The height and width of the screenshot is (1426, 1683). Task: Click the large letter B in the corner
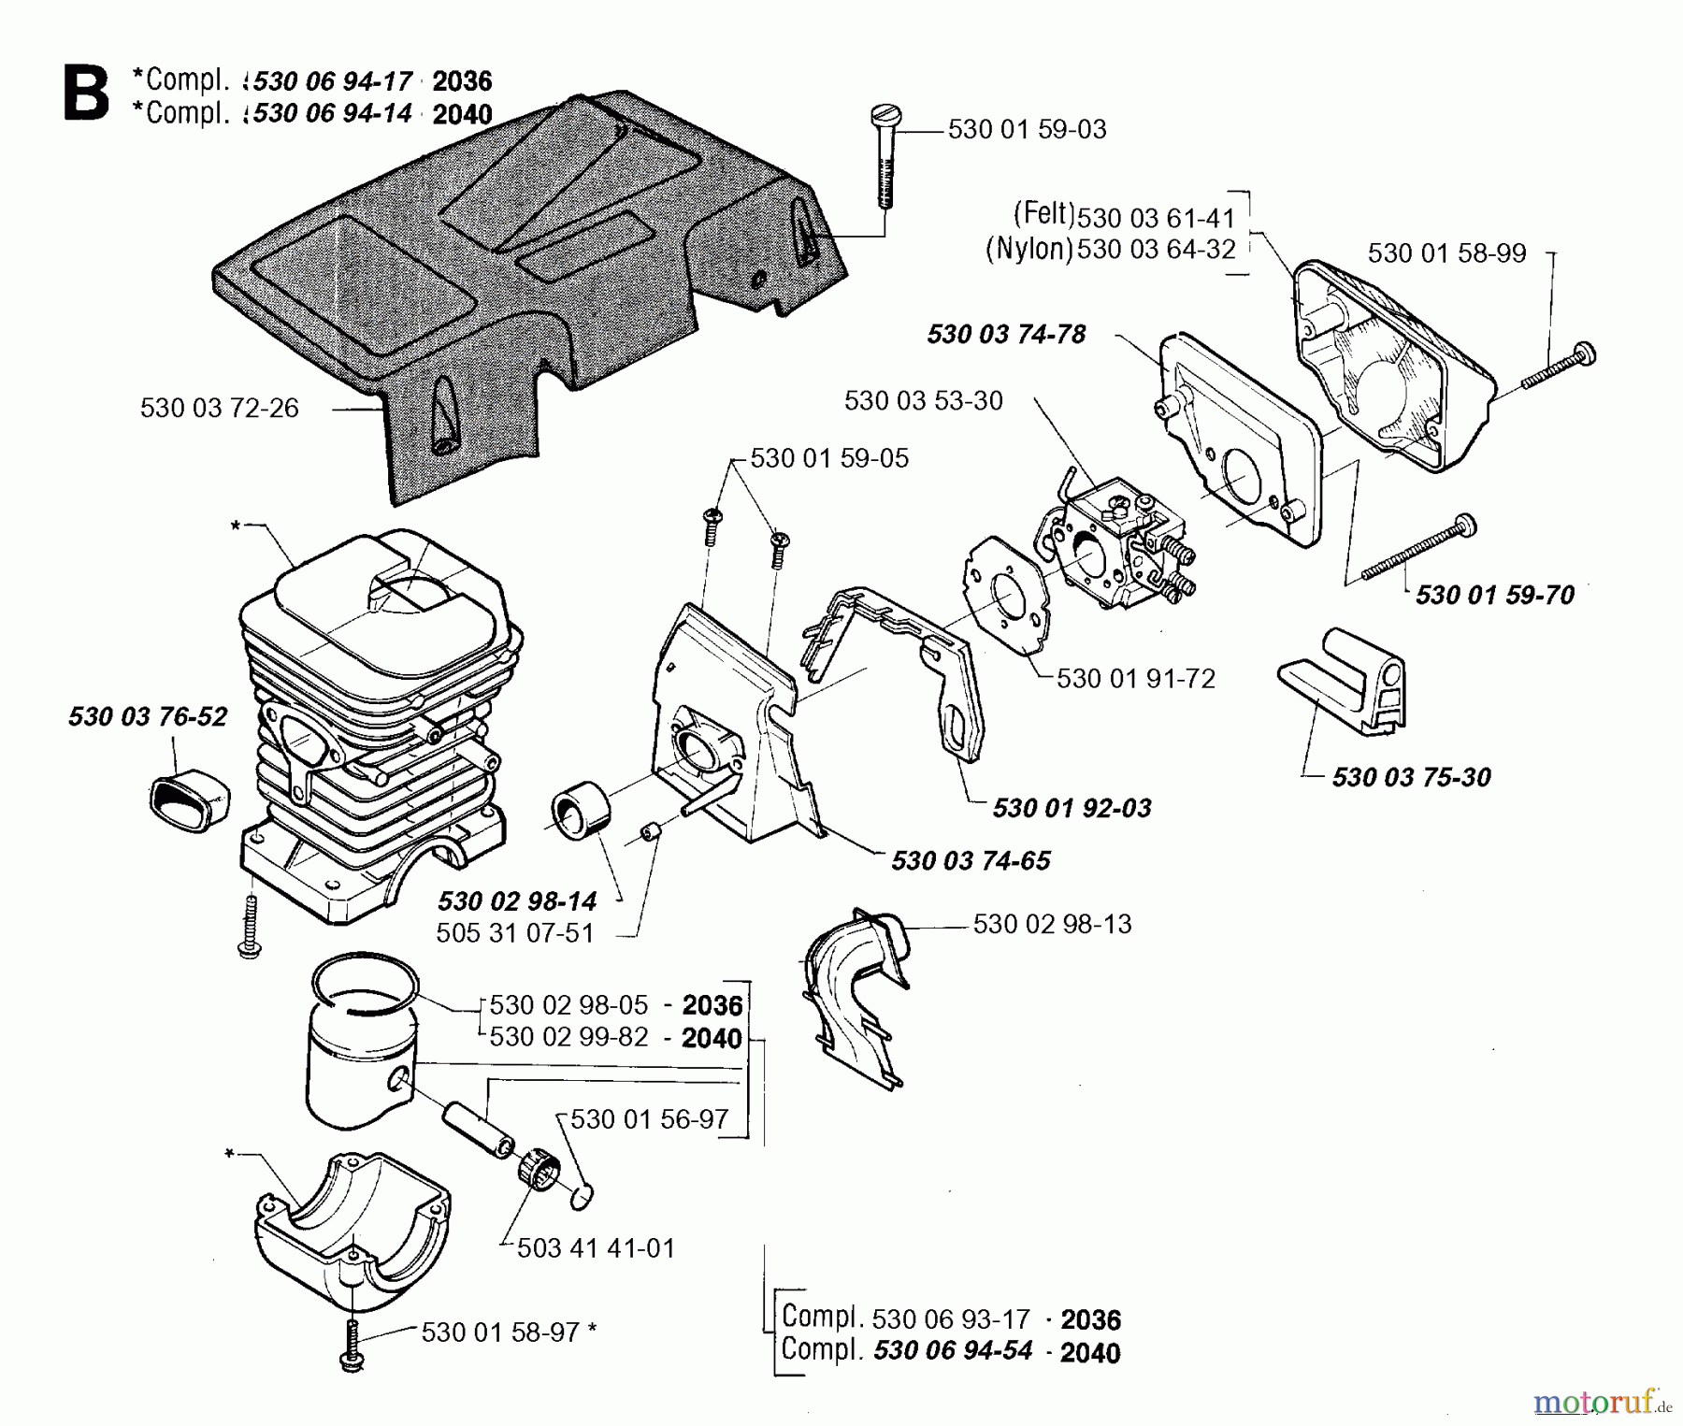coord(86,94)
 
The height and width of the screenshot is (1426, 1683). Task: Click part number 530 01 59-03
coord(1027,130)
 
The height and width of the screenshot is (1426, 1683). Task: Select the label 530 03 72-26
coord(219,409)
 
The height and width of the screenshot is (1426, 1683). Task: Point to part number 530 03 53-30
coord(923,401)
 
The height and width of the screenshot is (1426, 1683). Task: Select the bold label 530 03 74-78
coord(1006,335)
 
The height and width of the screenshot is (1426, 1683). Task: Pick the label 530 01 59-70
coord(1494,596)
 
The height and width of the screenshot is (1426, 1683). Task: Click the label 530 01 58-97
coord(500,1332)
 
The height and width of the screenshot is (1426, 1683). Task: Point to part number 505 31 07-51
coord(515,934)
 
